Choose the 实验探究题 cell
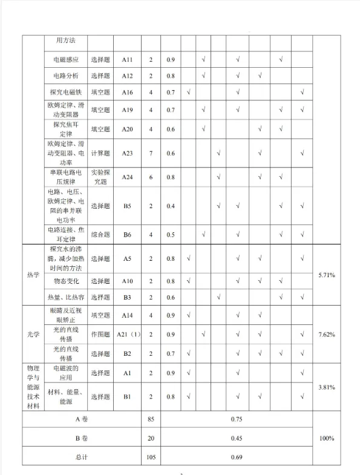[101, 177]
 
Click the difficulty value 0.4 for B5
[171, 206]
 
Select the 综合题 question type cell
[101, 235]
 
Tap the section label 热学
[33, 275]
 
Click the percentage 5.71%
[326, 275]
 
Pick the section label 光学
[33, 334]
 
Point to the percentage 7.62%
[326, 334]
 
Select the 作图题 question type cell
[101, 334]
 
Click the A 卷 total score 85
[151, 418]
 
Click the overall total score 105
[151, 457]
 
